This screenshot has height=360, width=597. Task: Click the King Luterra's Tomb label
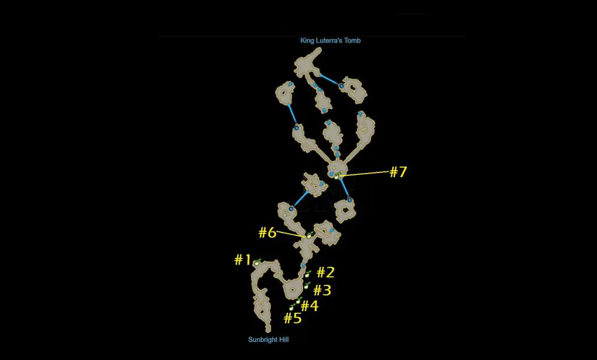pos(330,40)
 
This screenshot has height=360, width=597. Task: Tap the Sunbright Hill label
pos(268,340)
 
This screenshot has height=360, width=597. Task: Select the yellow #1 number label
pos(243,260)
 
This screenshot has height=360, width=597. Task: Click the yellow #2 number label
pos(326,273)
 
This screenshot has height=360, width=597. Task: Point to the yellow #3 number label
pos(322,290)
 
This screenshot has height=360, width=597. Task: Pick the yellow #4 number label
pos(310,306)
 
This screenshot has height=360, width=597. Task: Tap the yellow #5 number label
pos(293,318)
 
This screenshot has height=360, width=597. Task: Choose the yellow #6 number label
pos(268,232)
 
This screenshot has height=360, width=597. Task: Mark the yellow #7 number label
pos(398,172)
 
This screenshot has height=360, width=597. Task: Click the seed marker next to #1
pos(258,262)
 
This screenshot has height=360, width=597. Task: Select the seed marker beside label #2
pos(308,274)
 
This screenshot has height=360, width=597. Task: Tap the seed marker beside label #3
pos(307,285)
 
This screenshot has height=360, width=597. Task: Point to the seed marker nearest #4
pos(299,300)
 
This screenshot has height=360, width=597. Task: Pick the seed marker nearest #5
pos(293,307)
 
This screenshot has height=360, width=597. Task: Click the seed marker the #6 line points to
pos(310,235)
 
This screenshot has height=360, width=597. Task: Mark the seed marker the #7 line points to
pos(337,175)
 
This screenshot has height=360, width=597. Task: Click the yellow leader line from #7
pos(365,174)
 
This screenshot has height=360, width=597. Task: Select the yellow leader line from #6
pos(292,234)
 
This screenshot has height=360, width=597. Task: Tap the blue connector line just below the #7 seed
pos(345,188)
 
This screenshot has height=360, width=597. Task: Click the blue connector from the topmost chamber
pos(330,80)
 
